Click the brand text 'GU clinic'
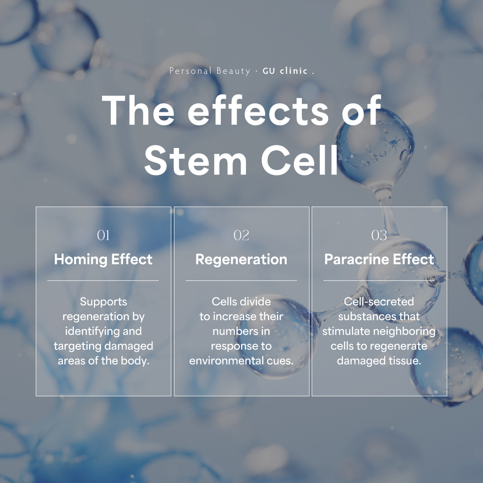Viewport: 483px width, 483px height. tap(285, 71)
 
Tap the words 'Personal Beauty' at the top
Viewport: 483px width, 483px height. tap(210, 71)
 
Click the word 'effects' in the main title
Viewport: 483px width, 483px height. tap(258, 110)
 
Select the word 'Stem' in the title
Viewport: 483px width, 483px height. tap(195, 160)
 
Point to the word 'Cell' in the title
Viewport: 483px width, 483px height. tap(300, 160)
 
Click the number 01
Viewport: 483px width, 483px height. tap(103, 235)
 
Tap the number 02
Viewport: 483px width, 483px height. tap(241, 235)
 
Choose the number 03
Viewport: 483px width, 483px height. tap(379, 235)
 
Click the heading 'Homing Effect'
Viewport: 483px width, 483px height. tap(103, 259)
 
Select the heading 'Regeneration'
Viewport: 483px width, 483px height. tap(241, 260)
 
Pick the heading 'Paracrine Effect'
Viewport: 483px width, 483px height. tap(379, 259)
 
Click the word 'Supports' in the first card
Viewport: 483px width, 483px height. tap(103, 302)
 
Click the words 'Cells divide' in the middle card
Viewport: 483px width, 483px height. tap(241, 301)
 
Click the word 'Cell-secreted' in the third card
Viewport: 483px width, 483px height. tap(379, 301)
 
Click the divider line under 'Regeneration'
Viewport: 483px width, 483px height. tap(241, 280)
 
